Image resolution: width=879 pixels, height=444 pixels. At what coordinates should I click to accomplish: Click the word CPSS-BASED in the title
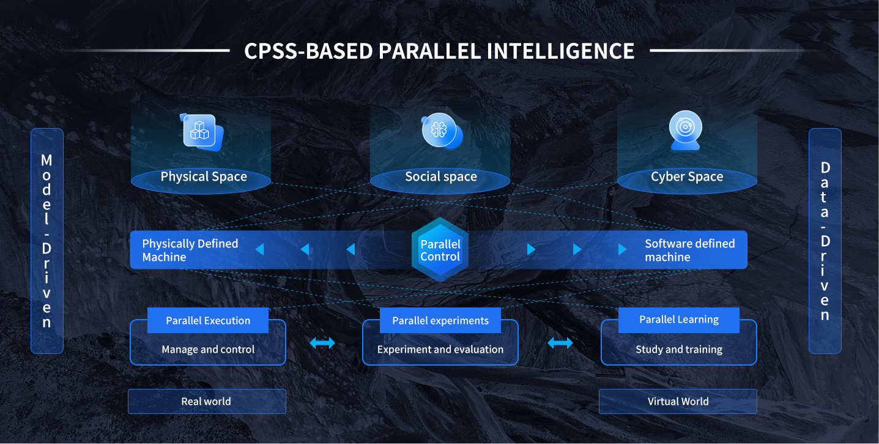[x=308, y=51]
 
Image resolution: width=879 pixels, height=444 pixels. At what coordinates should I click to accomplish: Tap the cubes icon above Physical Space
[x=201, y=132]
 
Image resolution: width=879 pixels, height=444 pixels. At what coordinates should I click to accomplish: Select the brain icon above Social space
[x=442, y=130]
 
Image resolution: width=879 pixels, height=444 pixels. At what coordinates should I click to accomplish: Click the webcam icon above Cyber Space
[x=685, y=130]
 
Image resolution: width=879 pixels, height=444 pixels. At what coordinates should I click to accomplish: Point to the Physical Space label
[x=204, y=176]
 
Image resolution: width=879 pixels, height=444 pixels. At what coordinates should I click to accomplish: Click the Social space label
[x=440, y=176]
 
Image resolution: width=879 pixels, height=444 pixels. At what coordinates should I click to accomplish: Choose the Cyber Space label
[x=687, y=176]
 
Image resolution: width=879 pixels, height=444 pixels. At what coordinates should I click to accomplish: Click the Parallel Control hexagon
[x=440, y=249]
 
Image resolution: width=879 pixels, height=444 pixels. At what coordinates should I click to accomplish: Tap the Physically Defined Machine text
[x=190, y=250]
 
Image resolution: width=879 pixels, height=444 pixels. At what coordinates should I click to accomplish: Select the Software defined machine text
[x=690, y=250]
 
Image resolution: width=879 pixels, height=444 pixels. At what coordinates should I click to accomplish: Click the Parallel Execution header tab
[x=208, y=320]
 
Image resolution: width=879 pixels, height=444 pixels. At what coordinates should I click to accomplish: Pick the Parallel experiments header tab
[x=440, y=320]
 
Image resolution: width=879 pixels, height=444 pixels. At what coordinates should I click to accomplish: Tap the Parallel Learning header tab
[x=679, y=320]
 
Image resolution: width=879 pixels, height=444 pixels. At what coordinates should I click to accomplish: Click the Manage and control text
[x=208, y=349]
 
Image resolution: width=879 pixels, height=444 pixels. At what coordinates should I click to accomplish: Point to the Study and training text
[x=679, y=349]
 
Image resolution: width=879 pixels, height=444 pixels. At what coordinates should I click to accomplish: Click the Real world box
[x=207, y=401]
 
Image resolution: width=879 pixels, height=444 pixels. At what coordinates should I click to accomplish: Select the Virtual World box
[x=678, y=401]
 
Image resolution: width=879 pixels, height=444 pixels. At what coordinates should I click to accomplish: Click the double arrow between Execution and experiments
[x=322, y=343]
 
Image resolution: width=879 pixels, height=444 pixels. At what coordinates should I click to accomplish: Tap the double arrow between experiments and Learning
[x=560, y=343]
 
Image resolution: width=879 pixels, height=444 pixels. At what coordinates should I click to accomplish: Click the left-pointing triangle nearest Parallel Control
[x=351, y=249]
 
